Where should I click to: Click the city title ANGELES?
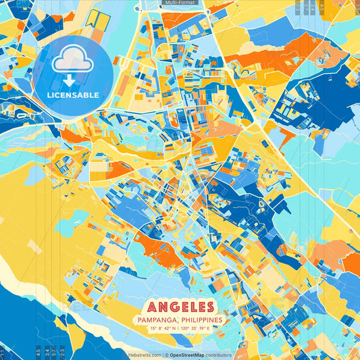click(179, 307)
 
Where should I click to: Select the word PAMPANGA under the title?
click(157, 319)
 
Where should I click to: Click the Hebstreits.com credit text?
click(145, 355)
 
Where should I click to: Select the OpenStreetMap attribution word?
click(187, 355)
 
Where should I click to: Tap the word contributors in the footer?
click(218, 355)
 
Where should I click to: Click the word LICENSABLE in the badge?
click(73, 95)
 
